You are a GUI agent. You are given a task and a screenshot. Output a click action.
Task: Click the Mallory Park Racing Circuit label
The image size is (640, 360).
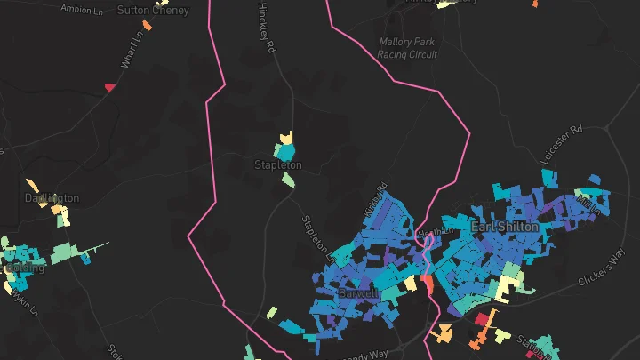point(408,48)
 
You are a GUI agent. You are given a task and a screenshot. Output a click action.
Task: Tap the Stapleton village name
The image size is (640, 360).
point(278,165)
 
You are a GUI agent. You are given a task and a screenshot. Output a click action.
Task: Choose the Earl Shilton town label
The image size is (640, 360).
point(504,227)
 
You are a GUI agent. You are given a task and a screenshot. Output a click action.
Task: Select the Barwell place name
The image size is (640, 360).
point(358,292)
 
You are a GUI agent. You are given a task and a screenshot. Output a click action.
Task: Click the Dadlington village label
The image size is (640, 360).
point(52,197)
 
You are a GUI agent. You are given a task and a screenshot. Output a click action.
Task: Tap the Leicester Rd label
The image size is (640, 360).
point(564,142)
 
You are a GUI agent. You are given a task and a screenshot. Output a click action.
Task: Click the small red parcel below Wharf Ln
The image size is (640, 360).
point(110,87)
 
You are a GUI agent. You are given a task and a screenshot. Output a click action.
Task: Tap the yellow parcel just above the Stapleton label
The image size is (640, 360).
point(286,138)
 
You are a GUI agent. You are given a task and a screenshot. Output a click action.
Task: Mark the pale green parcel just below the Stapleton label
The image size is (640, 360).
point(288,180)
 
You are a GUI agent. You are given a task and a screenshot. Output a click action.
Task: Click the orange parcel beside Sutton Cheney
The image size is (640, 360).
point(147,25)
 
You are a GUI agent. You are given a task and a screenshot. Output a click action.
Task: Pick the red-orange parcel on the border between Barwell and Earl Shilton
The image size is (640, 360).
point(428,284)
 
